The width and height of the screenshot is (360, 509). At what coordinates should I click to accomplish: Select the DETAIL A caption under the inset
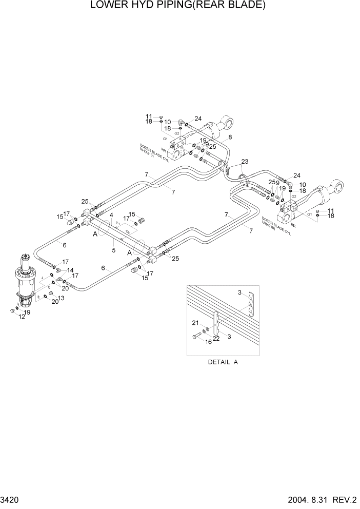[x=223, y=362]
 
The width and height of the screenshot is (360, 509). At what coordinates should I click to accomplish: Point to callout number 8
[x=230, y=137]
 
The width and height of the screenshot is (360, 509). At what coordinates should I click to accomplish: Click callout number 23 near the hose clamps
[x=245, y=162]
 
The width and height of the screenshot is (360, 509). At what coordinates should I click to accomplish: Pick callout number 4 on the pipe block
[x=111, y=216]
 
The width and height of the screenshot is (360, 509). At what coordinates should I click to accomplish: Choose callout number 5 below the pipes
[x=114, y=251]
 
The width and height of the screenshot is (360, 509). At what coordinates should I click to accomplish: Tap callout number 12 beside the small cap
[x=22, y=317]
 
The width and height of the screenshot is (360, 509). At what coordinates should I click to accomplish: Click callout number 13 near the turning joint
[x=61, y=298]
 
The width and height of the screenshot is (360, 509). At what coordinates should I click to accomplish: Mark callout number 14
[x=70, y=270]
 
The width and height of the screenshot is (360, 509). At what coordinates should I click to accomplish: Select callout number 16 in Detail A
[x=208, y=341]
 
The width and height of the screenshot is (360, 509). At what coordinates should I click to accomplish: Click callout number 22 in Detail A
[x=216, y=338]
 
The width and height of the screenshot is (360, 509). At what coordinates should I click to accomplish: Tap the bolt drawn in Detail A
[x=197, y=337]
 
